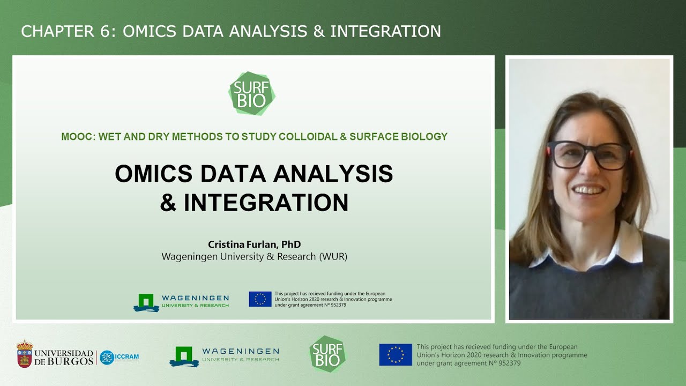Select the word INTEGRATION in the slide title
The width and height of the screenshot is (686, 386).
click(266, 203)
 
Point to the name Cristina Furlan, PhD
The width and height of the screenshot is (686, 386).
click(254, 244)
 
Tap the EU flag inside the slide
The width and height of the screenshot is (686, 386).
click(260, 299)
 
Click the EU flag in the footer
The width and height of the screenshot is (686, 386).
click(396, 355)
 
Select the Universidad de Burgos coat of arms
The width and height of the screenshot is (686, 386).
click(24, 354)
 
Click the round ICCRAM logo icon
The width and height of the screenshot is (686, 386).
click(107, 358)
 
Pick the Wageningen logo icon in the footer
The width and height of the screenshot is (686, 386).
click(184, 356)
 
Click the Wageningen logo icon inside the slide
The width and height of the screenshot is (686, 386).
click(146, 302)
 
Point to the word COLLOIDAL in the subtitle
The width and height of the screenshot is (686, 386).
click(308, 137)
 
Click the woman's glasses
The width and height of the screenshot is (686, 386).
click(588, 155)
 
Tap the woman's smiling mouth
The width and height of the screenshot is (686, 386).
click(588, 190)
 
